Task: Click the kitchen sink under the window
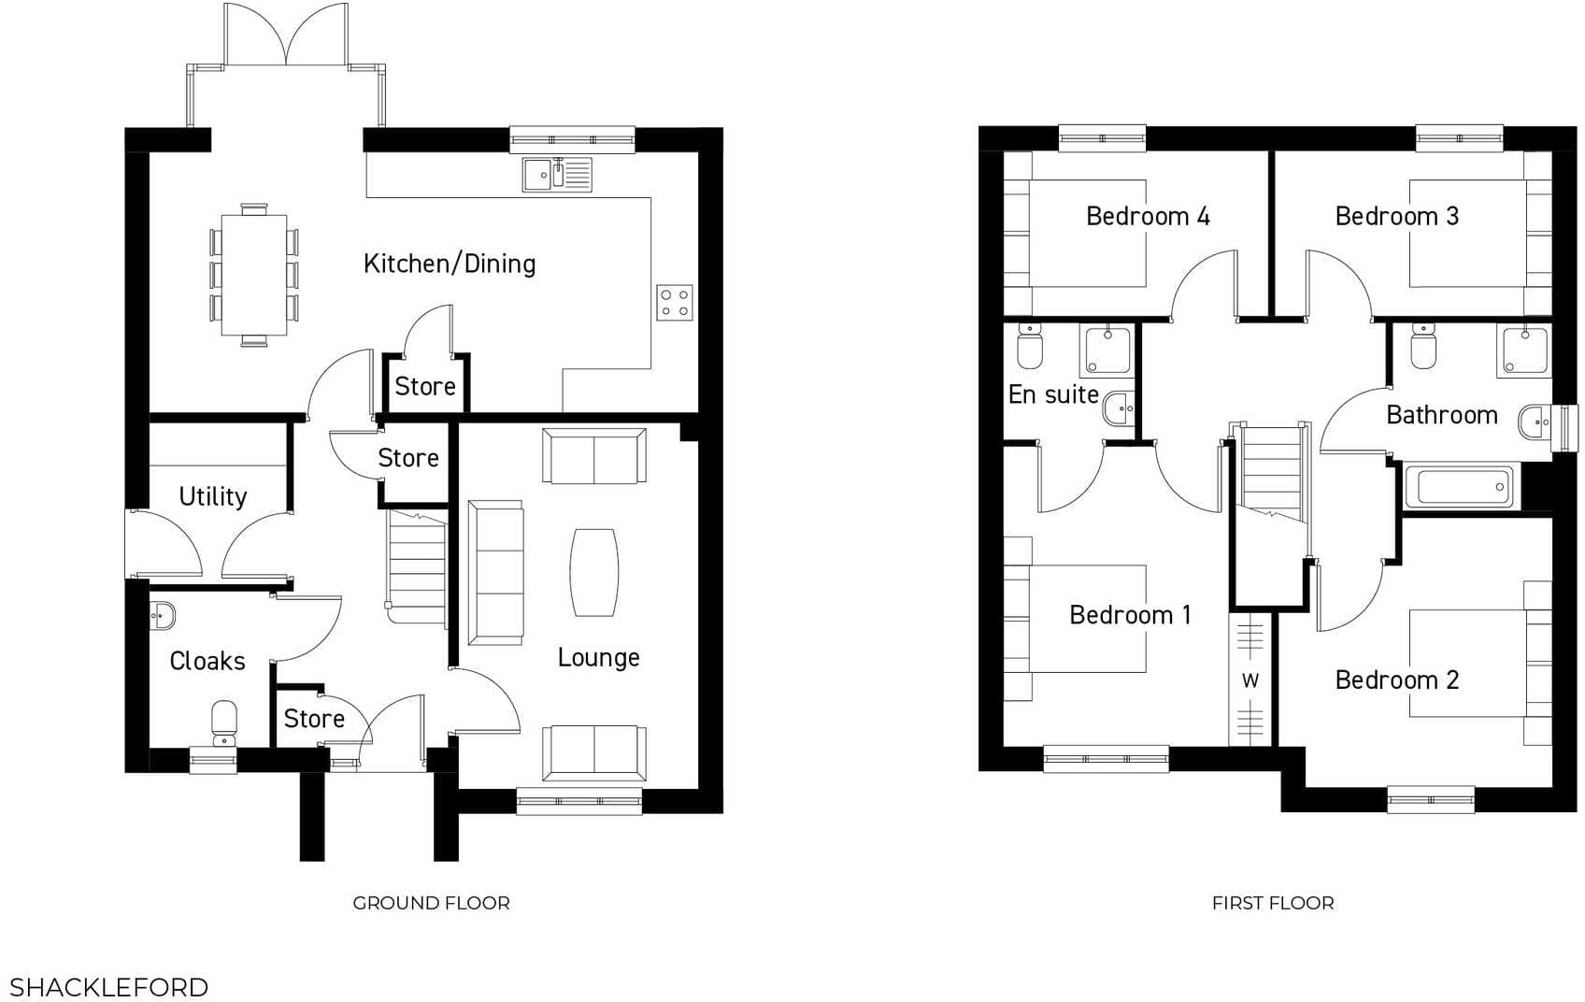(x=557, y=175)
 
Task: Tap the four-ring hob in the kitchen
(x=675, y=302)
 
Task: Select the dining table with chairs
(x=253, y=275)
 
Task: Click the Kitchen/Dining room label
(x=450, y=264)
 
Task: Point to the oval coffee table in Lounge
(x=594, y=572)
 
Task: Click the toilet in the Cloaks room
(x=224, y=721)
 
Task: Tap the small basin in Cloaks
(x=163, y=616)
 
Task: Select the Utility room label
(x=213, y=496)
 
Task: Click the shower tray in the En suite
(x=1106, y=350)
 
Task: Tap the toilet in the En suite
(x=1030, y=348)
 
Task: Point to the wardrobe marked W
(x=1250, y=680)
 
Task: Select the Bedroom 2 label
(x=1396, y=680)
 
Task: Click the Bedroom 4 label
(x=1148, y=216)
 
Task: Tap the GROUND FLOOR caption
(x=431, y=903)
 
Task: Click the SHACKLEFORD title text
(x=108, y=987)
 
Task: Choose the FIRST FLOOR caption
(x=1273, y=903)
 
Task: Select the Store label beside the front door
(x=314, y=719)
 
